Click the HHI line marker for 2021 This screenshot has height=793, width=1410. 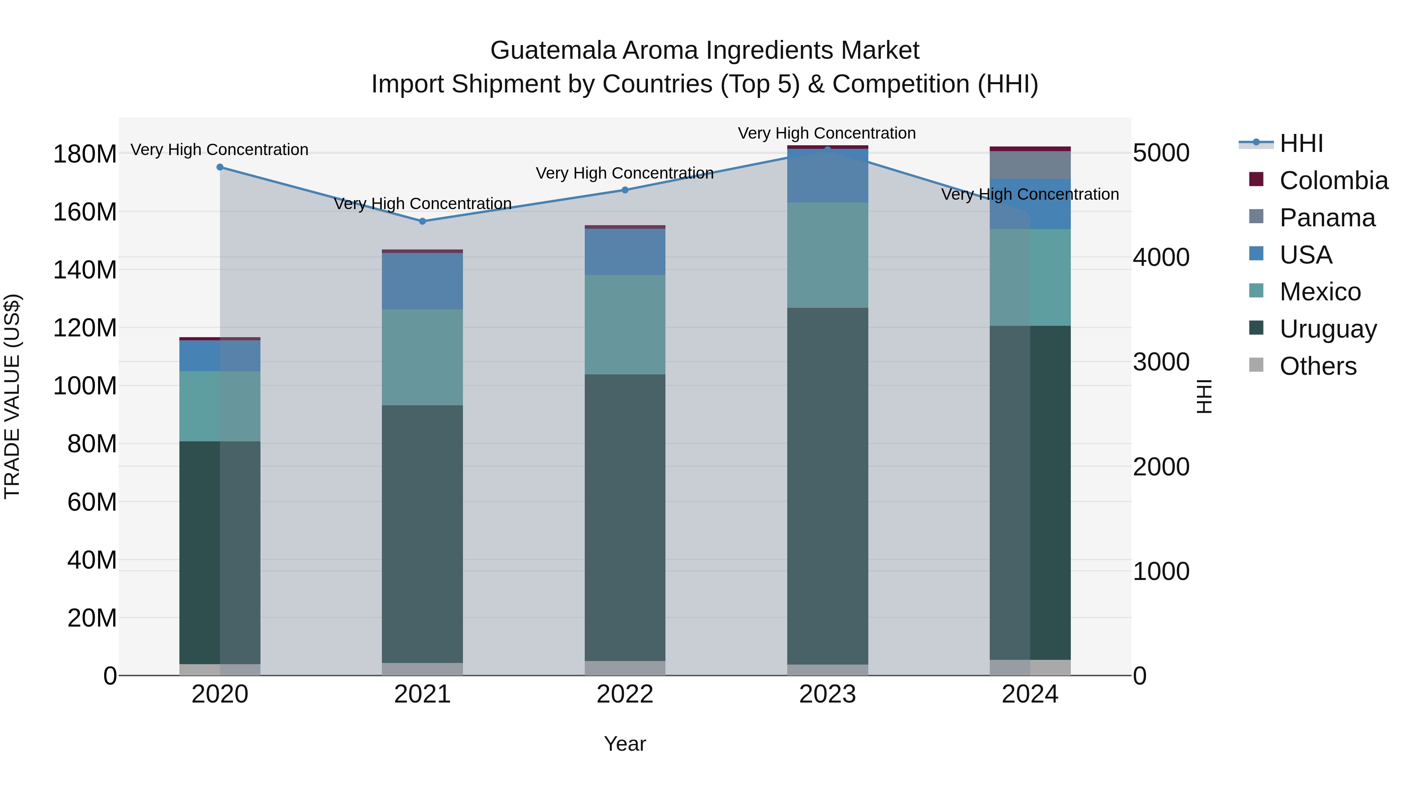(422, 221)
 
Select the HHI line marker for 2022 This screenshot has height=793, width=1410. (625, 190)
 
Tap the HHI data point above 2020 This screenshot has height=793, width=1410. (220, 167)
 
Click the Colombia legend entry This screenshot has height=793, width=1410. (1333, 181)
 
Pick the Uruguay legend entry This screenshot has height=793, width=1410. (1327, 329)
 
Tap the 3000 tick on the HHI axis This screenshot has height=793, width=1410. (1161, 362)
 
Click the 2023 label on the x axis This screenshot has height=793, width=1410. (827, 694)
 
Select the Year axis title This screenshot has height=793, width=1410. (625, 744)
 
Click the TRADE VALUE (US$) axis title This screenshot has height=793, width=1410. (12, 396)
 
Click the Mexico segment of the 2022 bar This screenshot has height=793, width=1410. (625, 325)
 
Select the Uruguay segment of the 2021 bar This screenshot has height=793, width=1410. (422, 534)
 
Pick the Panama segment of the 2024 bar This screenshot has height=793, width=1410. (1030, 165)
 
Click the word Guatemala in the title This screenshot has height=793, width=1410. (552, 51)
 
